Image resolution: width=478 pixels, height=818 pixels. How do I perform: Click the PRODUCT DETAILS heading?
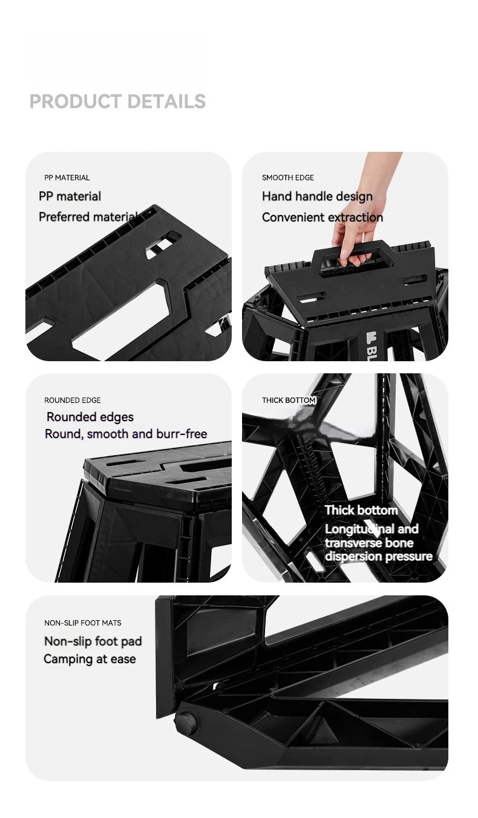(x=117, y=101)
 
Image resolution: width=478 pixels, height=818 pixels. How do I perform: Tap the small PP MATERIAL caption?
(x=67, y=178)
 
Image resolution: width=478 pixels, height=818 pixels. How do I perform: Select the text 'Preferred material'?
(x=88, y=217)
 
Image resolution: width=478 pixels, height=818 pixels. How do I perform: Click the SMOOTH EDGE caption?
(x=288, y=178)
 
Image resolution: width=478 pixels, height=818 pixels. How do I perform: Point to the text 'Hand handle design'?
(x=317, y=197)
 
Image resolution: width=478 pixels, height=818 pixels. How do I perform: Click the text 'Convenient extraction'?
(x=322, y=217)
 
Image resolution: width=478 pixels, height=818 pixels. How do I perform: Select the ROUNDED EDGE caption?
(x=72, y=401)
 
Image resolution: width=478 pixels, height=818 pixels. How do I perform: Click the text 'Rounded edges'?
(x=90, y=417)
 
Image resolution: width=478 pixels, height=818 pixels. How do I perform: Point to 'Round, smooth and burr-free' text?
(x=126, y=434)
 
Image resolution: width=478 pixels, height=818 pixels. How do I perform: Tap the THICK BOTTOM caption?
(x=289, y=401)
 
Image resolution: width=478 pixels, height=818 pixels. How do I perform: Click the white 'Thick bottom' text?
(x=361, y=510)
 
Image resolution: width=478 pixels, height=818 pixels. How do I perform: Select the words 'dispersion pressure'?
(x=379, y=557)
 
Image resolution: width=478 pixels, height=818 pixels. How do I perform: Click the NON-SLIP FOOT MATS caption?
(x=83, y=623)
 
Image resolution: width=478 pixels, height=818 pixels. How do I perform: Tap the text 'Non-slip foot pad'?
(x=93, y=641)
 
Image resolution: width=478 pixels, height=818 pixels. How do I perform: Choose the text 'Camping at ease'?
(x=90, y=659)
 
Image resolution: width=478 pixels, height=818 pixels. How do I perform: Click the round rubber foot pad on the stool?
(x=186, y=722)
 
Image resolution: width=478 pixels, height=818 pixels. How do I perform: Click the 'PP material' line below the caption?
(x=70, y=197)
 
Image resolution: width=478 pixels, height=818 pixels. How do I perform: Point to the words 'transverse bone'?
(x=369, y=543)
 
